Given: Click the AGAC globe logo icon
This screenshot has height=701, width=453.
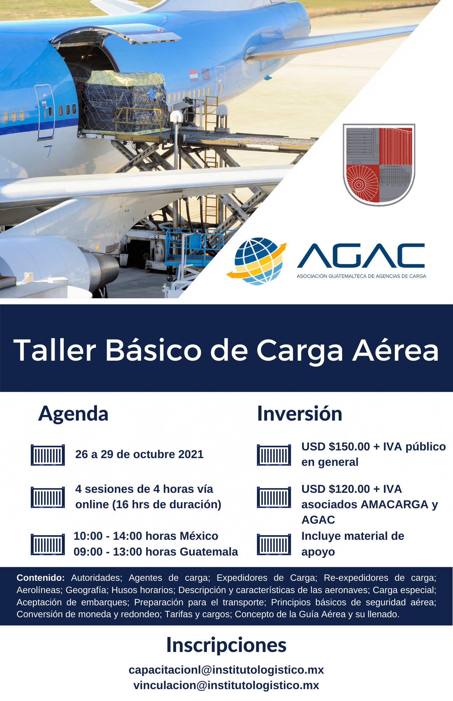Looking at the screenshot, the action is coord(257,261).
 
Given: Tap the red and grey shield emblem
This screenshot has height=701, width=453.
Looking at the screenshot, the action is coord(379,164).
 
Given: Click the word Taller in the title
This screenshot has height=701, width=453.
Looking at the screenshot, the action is coord(55,350).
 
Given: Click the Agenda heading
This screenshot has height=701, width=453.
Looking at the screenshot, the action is coord(73,414).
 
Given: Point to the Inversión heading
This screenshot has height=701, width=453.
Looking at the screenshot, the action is coord(300,414).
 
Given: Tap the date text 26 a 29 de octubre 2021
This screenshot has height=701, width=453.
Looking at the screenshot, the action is coord(139,454).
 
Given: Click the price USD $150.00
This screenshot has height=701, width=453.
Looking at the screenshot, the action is coord(336,447).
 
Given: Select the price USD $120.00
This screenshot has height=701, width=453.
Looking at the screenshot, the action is coord(336,489).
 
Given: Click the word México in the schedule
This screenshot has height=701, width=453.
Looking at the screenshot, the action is coord(199,536).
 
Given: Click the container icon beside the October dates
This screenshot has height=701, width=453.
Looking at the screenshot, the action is coord(48,455).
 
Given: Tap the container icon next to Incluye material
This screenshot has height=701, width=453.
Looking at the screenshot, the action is coord(274,544).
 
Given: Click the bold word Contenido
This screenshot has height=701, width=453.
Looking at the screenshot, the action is coord(41,578).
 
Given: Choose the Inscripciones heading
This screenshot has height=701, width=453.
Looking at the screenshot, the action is coord(226,645).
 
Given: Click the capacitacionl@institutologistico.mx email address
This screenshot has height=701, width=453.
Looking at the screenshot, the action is coord(226,670).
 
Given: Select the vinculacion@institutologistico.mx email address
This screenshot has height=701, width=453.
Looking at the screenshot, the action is coord(226,685).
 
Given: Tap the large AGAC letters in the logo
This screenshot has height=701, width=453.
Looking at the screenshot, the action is coord(361,256).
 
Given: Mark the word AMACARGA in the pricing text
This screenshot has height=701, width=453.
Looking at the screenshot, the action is coord(395,504).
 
